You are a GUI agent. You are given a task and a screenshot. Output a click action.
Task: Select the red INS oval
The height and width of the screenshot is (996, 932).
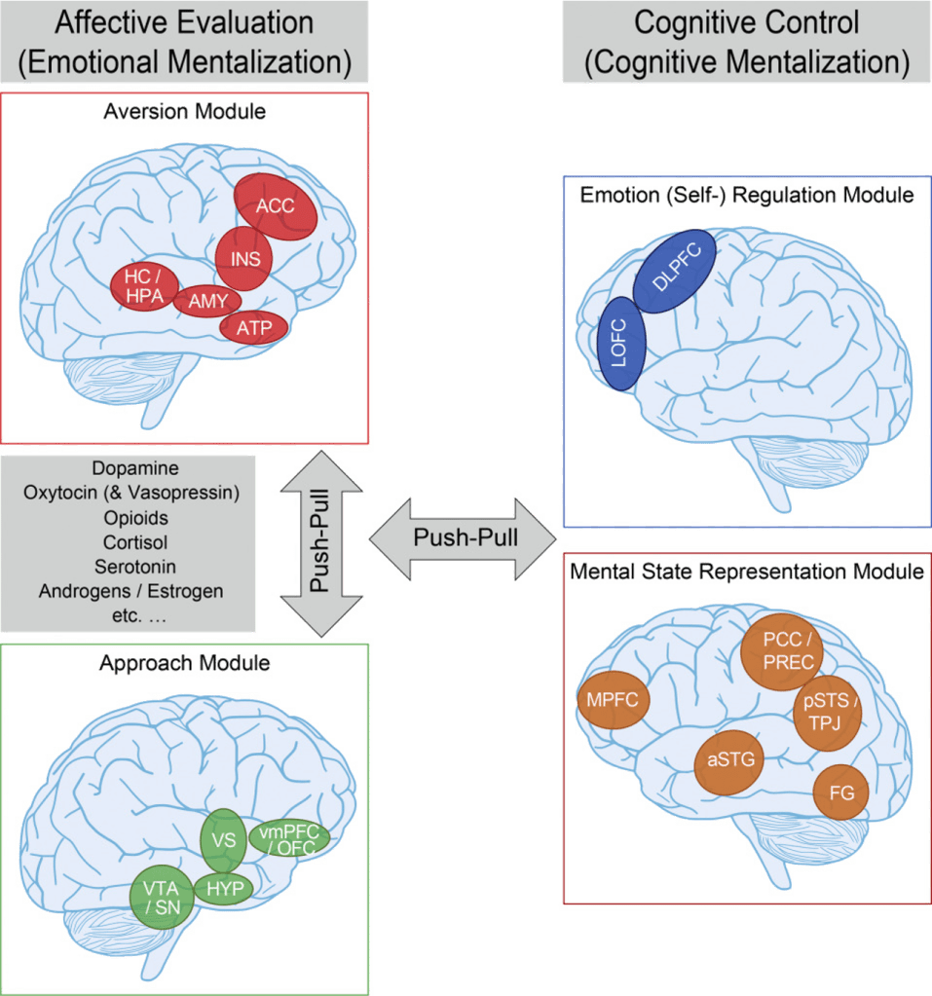(243, 258)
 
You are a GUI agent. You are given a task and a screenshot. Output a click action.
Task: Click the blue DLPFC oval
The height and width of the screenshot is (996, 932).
(673, 274)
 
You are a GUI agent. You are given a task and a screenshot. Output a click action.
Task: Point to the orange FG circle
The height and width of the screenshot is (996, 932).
(839, 793)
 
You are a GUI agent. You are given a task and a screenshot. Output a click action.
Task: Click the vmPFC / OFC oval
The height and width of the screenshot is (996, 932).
(290, 840)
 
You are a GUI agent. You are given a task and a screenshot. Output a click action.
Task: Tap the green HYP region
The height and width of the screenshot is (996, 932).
(224, 887)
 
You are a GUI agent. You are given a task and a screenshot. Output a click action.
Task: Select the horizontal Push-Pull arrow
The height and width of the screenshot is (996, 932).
(465, 536)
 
